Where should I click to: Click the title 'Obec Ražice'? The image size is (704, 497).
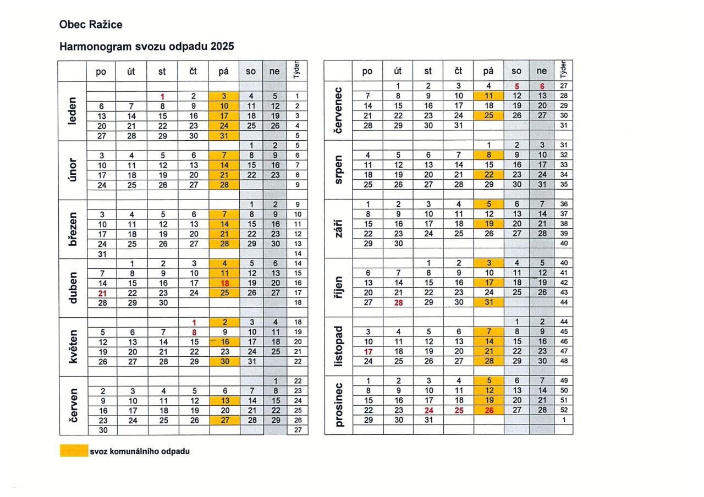coord(91,25)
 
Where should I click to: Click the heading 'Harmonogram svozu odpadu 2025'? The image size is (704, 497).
coord(147,47)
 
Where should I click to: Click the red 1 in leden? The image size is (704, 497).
coord(162,96)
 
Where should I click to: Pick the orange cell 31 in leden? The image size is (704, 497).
coord(224,136)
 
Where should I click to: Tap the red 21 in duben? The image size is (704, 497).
coord(102,293)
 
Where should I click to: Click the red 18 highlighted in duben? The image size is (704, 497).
coord(224,283)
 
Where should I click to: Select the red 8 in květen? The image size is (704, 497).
coord(194,332)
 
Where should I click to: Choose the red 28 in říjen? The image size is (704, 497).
coord(398,302)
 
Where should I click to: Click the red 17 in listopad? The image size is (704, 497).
coord(368,351)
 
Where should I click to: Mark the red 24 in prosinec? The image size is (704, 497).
coord(428,410)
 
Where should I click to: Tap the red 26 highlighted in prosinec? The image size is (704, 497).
coord(488,410)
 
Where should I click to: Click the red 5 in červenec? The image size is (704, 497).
coord(516,86)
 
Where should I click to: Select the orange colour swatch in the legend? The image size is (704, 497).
coord(73,451)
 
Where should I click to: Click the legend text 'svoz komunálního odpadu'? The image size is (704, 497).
coord(140,451)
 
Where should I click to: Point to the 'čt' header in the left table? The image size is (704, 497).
coord(194,71)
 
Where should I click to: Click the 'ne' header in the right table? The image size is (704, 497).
coord(542,71)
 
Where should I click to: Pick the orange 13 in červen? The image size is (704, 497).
coord(224,401)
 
